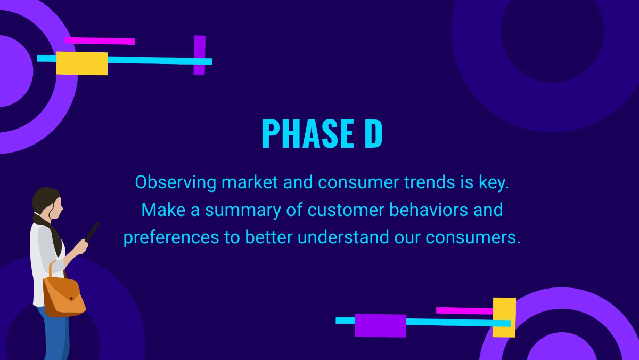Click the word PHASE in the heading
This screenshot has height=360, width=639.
click(x=308, y=133)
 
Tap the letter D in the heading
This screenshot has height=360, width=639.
click(x=373, y=133)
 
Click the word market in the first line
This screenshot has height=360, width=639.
click(x=250, y=182)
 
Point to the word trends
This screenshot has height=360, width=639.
click(x=430, y=182)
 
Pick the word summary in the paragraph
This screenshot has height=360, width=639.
click(x=243, y=211)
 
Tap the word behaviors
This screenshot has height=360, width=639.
click(x=429, y=210)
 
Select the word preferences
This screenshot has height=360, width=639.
click(x=171, y=238)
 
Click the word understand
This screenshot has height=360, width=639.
click(x=343, y=237)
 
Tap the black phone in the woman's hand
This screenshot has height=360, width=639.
click(x=92, y=231)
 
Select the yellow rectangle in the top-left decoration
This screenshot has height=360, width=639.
click(x=82, y=63)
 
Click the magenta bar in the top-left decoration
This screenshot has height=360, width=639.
click(x=100, y=41)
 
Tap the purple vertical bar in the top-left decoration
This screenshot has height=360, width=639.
click(x=199, y=55)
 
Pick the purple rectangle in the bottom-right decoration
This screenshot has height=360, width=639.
click(x=380, y=325)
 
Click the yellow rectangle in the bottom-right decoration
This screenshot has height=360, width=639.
click(x=504, y=317)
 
